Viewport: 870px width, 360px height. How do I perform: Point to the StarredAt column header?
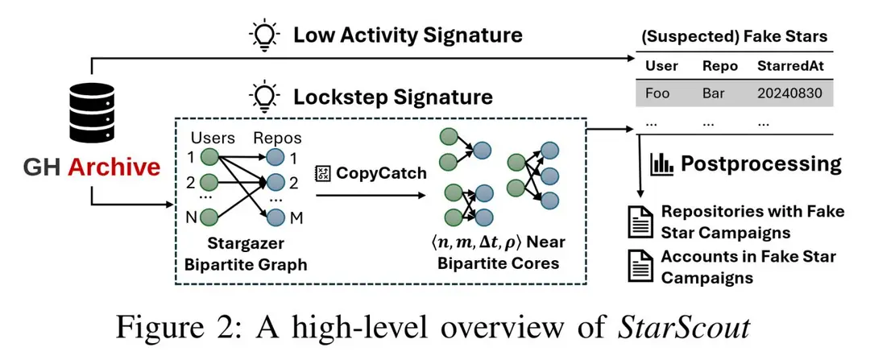pos(790,66)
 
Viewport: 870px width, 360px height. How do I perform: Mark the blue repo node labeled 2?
pos(275,182)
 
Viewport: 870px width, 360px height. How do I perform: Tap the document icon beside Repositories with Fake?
pos(640,222)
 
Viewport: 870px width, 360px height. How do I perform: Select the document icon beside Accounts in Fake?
pos(640,267)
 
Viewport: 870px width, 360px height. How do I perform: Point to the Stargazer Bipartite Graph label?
pos(245,255)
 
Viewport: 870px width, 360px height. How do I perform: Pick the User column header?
pos(661,66)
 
